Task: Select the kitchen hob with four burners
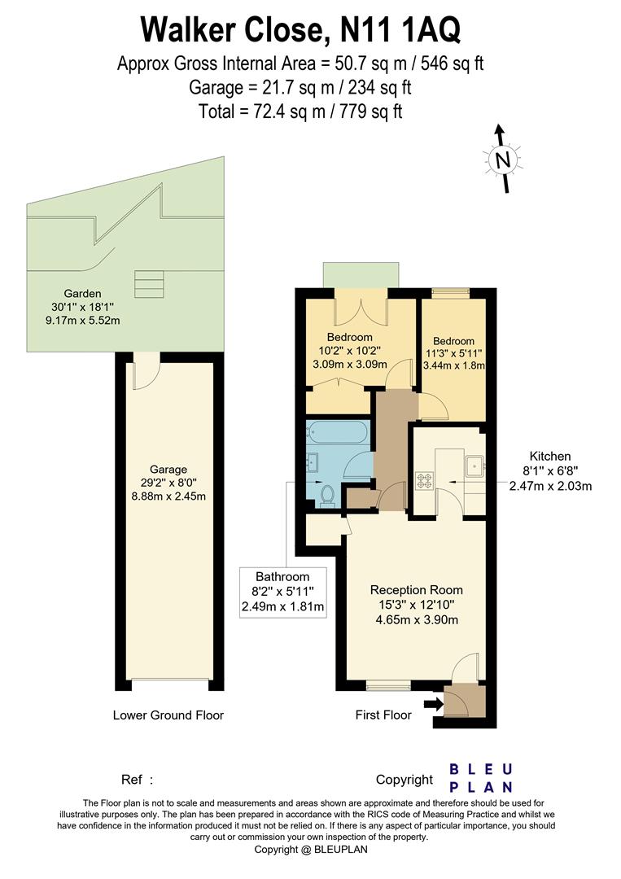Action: click(424, 480)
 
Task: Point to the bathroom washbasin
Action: click(312, 462)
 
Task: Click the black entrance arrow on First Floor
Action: click(433, 704)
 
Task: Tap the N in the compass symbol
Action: click(503, 161)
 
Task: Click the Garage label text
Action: click(168, 470)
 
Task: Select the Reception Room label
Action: click(417, 590)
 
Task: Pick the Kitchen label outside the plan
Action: click(550, 457)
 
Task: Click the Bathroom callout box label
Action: click(282, 576)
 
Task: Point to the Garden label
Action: click(82, 293)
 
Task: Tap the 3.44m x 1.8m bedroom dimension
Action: click(453, 365)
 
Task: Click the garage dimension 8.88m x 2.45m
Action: click(168, 496)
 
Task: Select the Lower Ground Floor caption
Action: click(168, 715)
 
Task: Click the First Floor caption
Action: click(383, 715)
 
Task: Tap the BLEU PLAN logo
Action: click(481, 778)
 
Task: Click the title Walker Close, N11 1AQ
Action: click(300, 29)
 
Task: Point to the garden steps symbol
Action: click(149, 284)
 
